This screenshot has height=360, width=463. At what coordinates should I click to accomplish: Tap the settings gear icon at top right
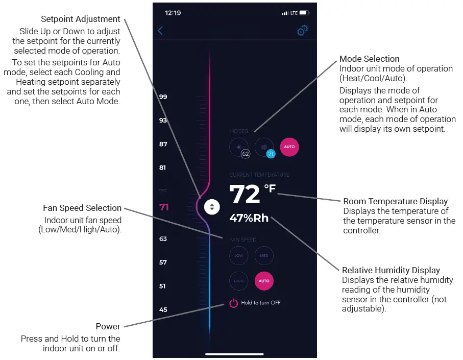click(302, 31)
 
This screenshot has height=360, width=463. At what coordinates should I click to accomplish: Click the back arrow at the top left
click(160, 31)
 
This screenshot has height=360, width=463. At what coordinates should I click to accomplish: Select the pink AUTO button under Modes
click(289, 147)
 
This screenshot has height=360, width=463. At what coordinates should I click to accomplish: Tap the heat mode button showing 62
click(238, 147)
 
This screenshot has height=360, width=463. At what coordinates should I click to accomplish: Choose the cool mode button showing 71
click(264, 147)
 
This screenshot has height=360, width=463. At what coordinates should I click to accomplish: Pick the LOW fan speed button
click(238, 255)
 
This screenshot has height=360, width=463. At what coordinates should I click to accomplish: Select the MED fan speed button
click(264, 255)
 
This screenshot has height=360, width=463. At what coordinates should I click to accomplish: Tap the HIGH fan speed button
click(238, 281)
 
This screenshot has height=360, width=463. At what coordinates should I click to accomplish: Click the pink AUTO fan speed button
click(264, 281)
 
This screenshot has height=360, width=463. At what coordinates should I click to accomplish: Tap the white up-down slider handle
click(212, 207)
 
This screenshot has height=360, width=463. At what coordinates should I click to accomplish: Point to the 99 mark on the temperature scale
click(163, 97)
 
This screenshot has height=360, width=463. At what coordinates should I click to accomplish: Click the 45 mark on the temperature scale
click(163, 309)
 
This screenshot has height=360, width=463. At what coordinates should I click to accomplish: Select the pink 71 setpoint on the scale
click(164, 207)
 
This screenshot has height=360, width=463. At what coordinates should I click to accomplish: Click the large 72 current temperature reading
click(245, 194)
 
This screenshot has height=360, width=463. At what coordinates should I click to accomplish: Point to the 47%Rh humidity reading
click(249, 218)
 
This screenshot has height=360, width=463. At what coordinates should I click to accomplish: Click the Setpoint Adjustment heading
click(81, 19)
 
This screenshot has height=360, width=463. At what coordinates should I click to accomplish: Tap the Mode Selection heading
click(370, 59)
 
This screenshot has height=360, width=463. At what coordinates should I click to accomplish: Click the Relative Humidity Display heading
click(391, 270)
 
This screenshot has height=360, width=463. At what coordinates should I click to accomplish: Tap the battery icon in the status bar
click(304, 13)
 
